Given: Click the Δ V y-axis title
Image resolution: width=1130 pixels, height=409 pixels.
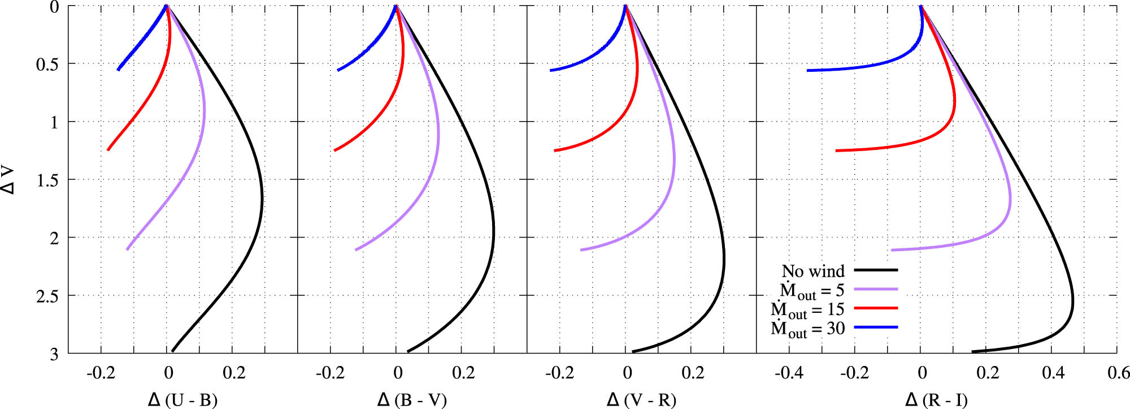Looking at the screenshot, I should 8,180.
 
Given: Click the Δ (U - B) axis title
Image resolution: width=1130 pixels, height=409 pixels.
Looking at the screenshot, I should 182,400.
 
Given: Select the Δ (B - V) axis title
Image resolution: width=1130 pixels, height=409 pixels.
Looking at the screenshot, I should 412,400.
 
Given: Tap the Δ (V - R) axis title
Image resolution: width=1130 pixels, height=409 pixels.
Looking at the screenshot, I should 641,400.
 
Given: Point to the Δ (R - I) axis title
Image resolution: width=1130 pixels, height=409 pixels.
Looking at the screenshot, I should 936,400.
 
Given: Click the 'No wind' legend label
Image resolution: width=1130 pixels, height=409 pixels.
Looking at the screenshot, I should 812,272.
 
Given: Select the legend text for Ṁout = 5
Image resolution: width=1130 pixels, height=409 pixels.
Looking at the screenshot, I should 811,291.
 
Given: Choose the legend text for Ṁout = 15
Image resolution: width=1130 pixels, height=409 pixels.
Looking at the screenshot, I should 807,310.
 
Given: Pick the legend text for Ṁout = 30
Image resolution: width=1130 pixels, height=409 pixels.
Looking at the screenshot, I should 807,329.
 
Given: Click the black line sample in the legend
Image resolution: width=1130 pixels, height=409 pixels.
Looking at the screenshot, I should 876,270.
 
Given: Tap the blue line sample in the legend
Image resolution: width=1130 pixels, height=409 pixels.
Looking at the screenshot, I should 876,327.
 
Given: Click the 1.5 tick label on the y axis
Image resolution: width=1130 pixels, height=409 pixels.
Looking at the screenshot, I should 47,180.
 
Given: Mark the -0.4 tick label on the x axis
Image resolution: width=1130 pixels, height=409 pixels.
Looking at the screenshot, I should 789,373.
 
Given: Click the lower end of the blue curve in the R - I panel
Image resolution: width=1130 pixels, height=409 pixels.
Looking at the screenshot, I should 808,71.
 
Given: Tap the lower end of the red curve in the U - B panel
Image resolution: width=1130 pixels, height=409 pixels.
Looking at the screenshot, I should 108,150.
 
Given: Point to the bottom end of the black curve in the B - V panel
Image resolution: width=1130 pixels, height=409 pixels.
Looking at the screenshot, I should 408,351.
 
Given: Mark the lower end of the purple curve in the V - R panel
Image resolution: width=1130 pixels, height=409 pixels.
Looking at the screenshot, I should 581,249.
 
